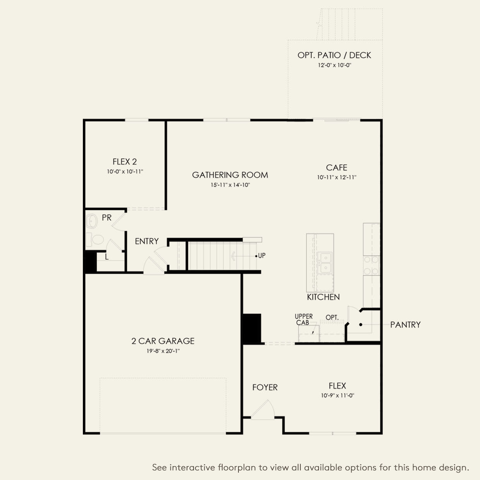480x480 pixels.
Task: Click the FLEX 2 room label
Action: pyautogui.click(x=125, y=162)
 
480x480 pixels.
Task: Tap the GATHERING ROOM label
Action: pyautogui.click(x=230, y=175)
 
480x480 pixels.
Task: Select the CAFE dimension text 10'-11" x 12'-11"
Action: pyautogui.click(x=336, y=178)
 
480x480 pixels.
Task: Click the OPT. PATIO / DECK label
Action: pyautogui.click(x=334, y=55)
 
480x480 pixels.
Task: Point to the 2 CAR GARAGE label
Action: pyautogui.click(x=163, y=341)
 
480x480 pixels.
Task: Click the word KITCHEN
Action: pyautogui.click(x=323, y=297)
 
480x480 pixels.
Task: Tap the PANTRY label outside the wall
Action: pyautogui.click(x=405, y=325)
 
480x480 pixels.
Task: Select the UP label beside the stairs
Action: pyautogui.click(x=262, y=256)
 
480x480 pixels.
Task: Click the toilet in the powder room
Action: pyautogui.click(x=96, y=240)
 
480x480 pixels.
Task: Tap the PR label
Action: pyautogui.click(x=106, y=218)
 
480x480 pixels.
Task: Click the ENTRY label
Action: pyautogui.click(x=147, y=241)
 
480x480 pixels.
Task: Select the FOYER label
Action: pyautogui.click(x=265, y=387)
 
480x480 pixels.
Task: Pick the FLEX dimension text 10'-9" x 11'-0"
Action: pyautogui.click(x=338, y=396)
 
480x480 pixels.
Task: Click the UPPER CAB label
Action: pyautogui.click(x=303, y=319)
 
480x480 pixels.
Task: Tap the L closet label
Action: pyautogui.click(x=106, y=257)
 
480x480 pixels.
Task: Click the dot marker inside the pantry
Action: pyautogui.click(x=360, y=324)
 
